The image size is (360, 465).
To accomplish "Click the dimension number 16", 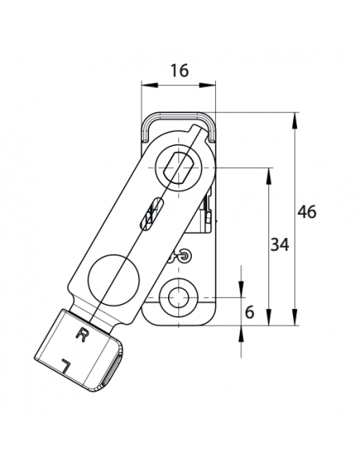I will pyautogui.click(x=179, y=70).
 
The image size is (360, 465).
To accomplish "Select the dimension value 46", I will pyautogui.click(x=307, y=212).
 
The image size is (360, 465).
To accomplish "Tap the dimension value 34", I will pyautogui.click(x=279, y=244).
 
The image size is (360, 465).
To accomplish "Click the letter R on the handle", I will pyautogui.click(x=80, y=334).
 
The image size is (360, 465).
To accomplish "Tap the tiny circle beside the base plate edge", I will pyautogui.click(x=185, y=256).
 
